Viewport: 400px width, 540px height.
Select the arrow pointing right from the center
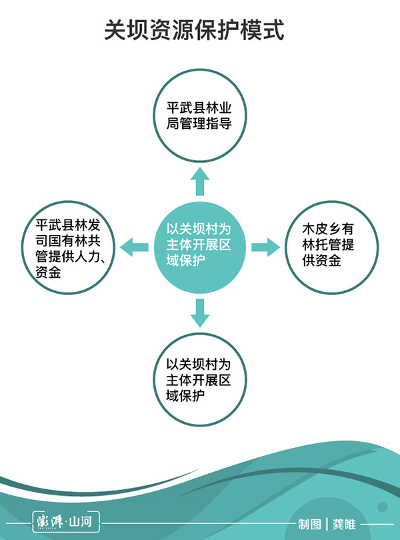pos(265,246)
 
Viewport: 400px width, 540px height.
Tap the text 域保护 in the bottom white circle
pos(185,396)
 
